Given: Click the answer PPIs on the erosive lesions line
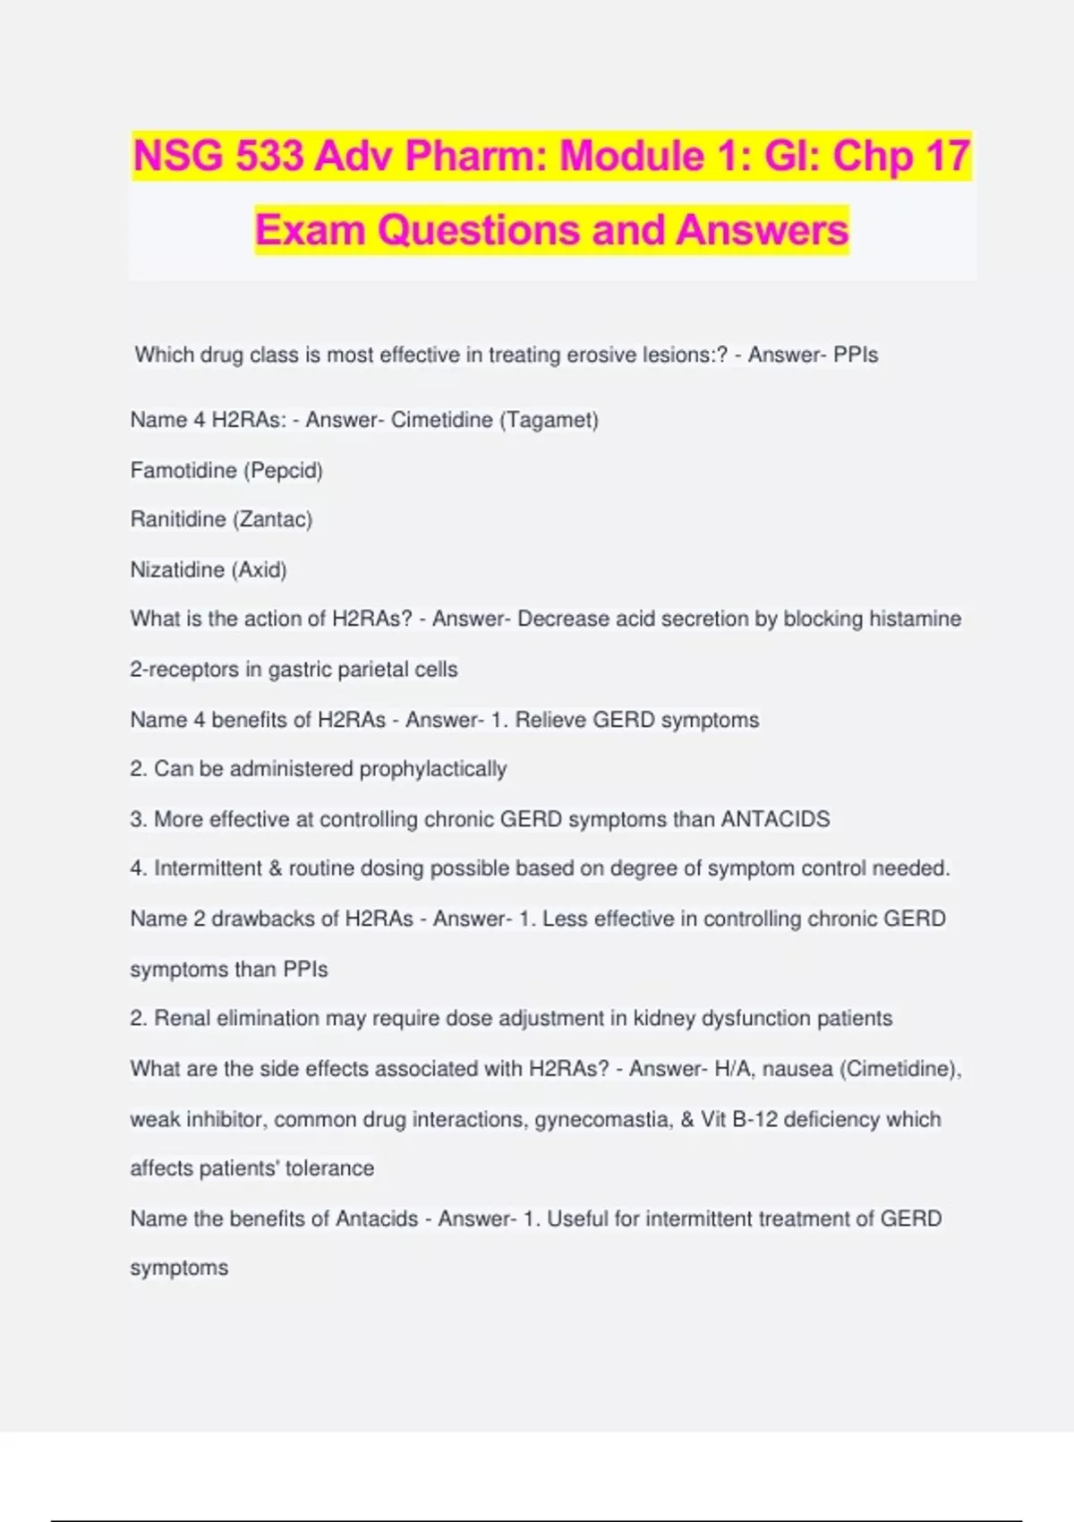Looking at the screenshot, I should point(856,355).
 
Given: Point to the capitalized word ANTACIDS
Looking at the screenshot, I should point(775,819).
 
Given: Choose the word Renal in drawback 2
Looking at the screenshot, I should point(183,1018).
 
